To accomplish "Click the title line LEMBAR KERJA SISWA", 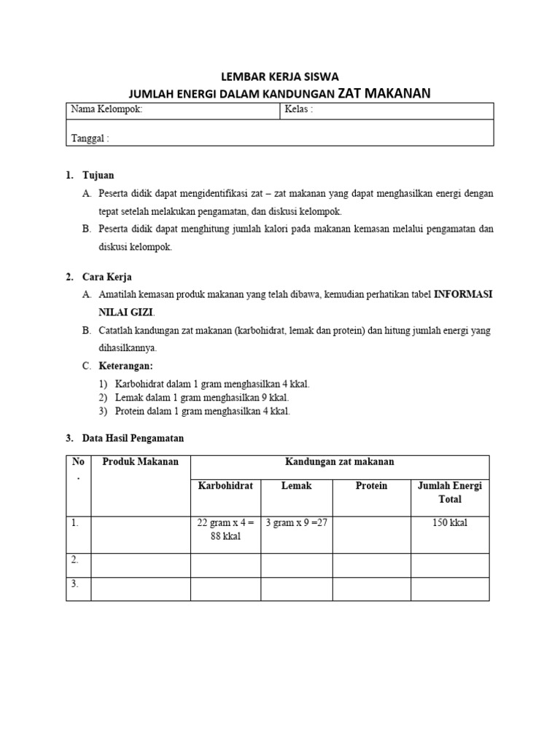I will click(281, 76).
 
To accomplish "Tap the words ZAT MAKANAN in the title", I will click(384, 93).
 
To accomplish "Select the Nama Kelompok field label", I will click(106, 109).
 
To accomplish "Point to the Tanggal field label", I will click(90, 138).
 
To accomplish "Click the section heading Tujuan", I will click(98, 176).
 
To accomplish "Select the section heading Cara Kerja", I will click(107, 277).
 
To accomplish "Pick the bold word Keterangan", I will click(127, 366).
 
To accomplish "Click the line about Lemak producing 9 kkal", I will click(202, 397).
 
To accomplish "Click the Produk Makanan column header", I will click(141, 462).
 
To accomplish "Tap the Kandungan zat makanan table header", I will click(340, 462).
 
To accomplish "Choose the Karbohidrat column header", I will click(225, 486).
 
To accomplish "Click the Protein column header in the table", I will click(371, 486).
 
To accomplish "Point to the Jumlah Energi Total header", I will click(450, 492).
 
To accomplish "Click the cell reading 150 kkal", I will click(450, 522).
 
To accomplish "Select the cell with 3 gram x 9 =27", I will click(295, 522).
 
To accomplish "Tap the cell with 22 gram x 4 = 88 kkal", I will click(225, 529).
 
